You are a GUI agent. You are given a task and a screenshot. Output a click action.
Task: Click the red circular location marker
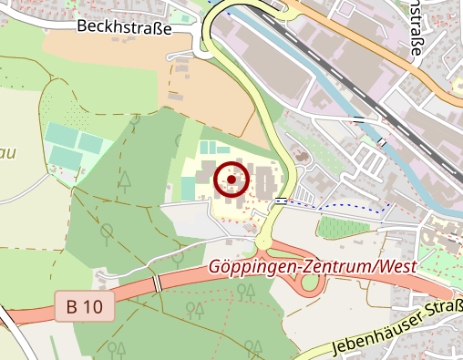[x=231, y=180]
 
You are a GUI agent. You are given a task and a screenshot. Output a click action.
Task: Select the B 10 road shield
[x=84, y=307]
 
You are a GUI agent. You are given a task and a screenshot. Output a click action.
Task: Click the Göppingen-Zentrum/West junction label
[x=313, y=267]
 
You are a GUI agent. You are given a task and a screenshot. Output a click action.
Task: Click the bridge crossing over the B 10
[x=157, y=283]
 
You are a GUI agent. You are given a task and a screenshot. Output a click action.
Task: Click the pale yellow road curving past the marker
[x=273, y=137]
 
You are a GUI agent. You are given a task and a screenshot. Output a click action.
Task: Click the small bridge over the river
[x=382, y=141]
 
